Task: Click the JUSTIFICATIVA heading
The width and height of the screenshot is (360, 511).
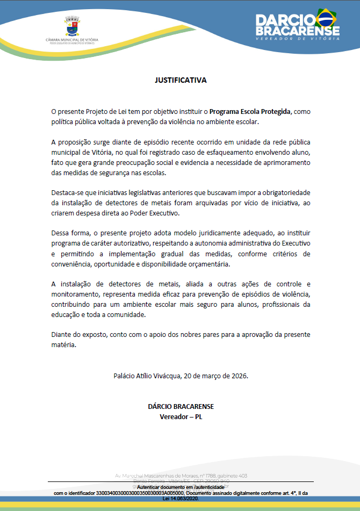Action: (x=180, y=81)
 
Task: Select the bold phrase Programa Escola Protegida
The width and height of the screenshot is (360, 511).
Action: (x=250, y=112)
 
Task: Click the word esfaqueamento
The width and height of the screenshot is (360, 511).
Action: (x=207, y=153)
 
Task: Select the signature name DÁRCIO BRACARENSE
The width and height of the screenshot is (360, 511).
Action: (x=180, y=406)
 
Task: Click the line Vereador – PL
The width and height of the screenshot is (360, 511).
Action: (x=180, y=416)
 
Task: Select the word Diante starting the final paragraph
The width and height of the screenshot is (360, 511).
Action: (x=61, y=335)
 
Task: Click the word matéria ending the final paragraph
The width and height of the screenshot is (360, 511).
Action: (x=63, y=345)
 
